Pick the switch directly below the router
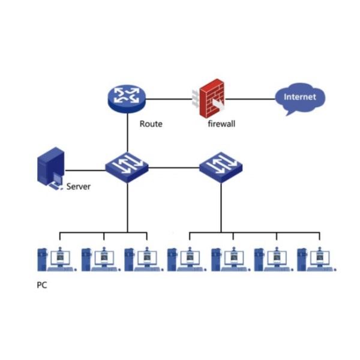pyautogui.click(x=127, y=165)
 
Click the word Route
pyautogui.click(x=151, y=124)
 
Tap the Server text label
pyautogui.click(x=78, y=187)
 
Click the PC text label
pyautogui.click(x=41, y=286)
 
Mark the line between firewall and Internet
pyautogui.click(x=252, y=98)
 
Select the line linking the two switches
pyautogui.click(x=174, y=166)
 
